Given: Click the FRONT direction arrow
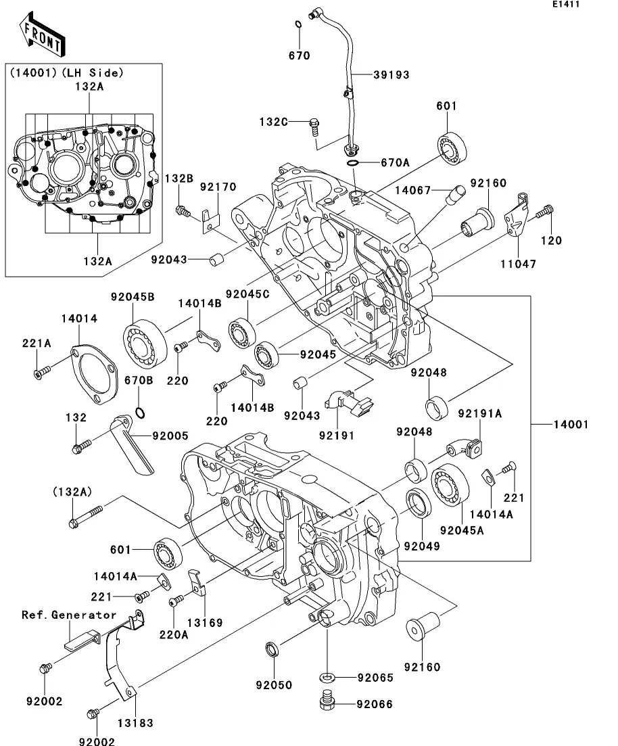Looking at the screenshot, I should pyautogui.click(x=42, y=37).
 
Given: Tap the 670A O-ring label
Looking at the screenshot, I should pyautogui.click(x=395, y=163).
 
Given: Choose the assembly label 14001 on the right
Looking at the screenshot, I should pyautogui.click(x=570, y=425).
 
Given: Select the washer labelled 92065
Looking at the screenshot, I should pyautogui.click(x=327, y=676).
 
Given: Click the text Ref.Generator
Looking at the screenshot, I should pyautogui.click(x=69, y=615).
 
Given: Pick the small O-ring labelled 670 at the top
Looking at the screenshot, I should pyautogui.click(x=298, y=26).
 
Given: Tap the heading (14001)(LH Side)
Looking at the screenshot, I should pyautogui.click(x=65, y=72).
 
